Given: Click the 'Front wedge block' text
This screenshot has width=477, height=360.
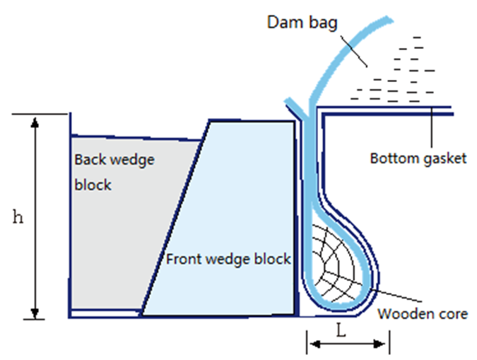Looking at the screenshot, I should [x=228, y=259].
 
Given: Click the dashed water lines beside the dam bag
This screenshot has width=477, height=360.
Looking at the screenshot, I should [x=396, y=71].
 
